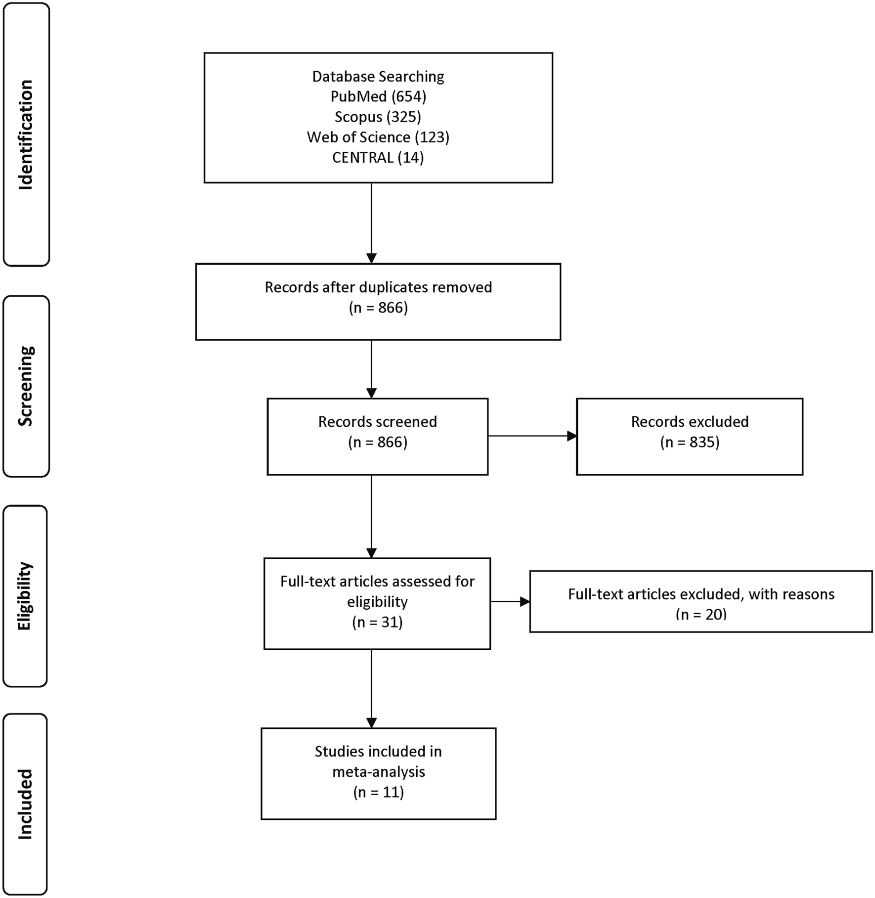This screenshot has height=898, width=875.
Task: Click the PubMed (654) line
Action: click(x=378, y=96)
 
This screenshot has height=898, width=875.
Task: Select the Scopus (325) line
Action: click(x=378, y=117)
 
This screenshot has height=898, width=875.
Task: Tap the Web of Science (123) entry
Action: click(x=378, y=137)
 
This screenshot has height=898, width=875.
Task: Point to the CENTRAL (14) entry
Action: click(x=378, y=157)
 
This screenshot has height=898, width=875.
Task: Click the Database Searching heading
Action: click(x=378, y=76)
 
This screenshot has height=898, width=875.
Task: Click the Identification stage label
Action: click(x=25, y=135)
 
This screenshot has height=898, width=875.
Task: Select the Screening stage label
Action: click(x=25, y=386)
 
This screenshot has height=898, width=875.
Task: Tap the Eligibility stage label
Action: click(x=24, y=596)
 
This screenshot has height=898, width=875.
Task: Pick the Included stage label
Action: click(x=24, y=804)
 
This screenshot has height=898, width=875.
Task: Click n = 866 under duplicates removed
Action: click(x=378, y=308)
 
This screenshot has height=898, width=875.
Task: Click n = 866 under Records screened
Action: click(x=378, y=442)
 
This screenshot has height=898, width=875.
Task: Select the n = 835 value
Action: click(x=690, y=442)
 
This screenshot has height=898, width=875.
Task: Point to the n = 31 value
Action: click(x=377, y=622)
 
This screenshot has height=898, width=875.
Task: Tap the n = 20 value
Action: click(x=701, y=615)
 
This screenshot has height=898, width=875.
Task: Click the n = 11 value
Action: click(x=378, y=792)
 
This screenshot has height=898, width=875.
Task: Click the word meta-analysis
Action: click(x=378, y=771)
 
